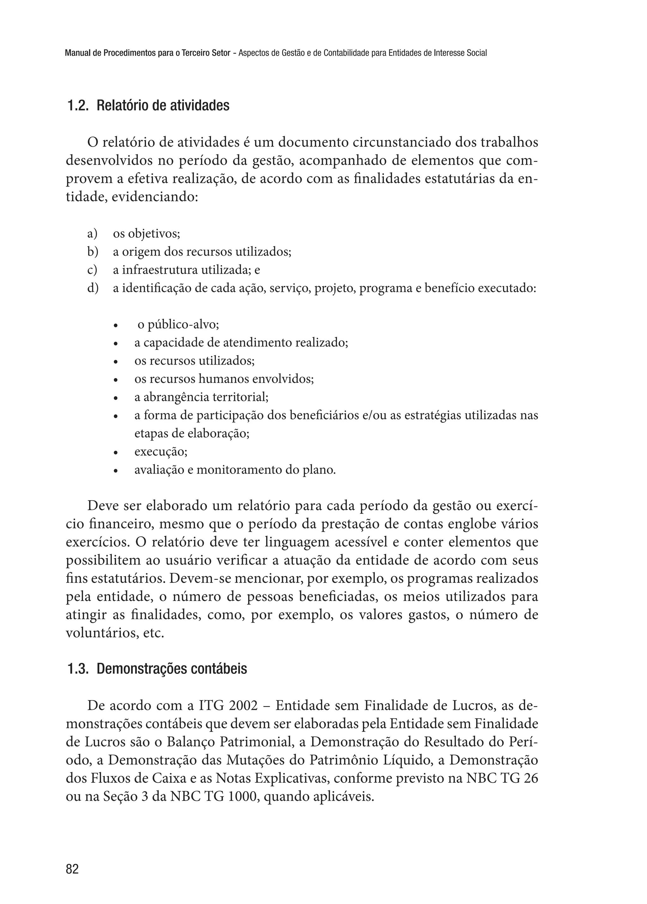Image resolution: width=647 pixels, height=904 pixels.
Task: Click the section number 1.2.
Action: coord(78,106)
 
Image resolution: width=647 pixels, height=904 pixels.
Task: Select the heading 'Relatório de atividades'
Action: coord(163,106)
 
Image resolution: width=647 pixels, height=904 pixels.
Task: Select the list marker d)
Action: coord(93,288)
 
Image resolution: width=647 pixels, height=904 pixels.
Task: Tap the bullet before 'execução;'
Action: coord(116,453)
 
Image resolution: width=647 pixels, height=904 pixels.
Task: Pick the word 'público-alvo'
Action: coord(183,325)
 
